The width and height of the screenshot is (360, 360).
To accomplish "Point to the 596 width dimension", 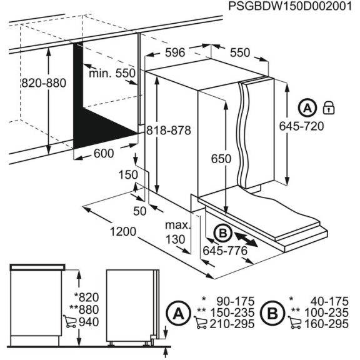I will pos(175,54).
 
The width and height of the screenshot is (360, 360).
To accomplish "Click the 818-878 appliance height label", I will pos(168,131).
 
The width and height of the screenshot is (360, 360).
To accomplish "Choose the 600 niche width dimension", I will pos(104,154).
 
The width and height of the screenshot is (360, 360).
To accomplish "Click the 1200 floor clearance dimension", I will pos(122,232).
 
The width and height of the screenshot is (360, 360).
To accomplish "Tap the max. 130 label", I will pos(177,232).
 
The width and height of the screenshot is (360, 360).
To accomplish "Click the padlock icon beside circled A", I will pos(329,107).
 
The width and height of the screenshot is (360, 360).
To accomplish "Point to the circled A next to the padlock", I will pos(307,107).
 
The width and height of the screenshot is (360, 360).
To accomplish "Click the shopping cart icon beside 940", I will pos(69,322).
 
